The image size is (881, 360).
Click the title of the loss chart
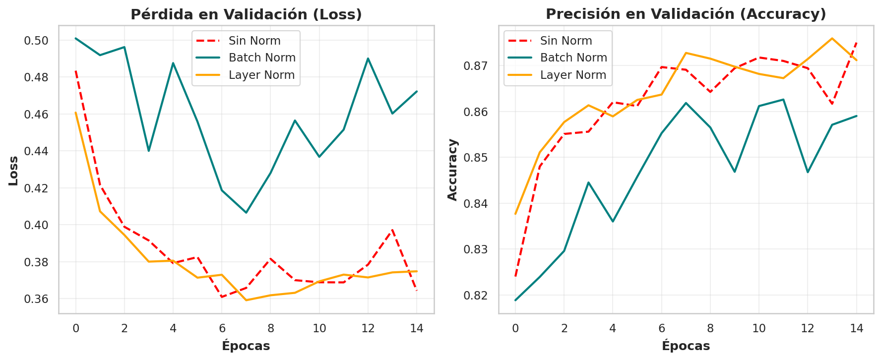click(x=246, y=14)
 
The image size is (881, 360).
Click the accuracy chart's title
click(x=686, y=14)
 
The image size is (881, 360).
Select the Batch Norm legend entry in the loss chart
click(x=246, y=58)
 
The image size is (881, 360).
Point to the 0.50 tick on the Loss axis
click(x=37, y=40)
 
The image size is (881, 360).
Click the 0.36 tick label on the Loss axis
click(x=37, y=299)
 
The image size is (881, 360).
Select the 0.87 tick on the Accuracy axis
click(x=477, y=66)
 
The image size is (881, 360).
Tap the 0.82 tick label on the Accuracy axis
click(x=477, y=296)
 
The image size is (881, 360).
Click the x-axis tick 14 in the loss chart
click(x=417, y=328)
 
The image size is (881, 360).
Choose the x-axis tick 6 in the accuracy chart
click(x=662, y=328)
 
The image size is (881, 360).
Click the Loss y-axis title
click(x=14, y=171)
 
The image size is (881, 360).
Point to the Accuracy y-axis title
click(x=452, y=170)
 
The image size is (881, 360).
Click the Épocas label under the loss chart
click(x=246, y=346)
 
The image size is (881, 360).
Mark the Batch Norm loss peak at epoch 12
click(x=368, y=59)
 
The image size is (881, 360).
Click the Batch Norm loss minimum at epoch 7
click(x=246, y=213)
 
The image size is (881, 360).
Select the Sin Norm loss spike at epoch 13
click(x=392, y=230)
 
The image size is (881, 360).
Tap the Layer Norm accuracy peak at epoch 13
click(x=832, y=38)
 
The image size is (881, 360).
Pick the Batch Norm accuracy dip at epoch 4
click(x=613, y=221)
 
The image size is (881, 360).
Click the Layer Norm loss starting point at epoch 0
click(x=75, y=113)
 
